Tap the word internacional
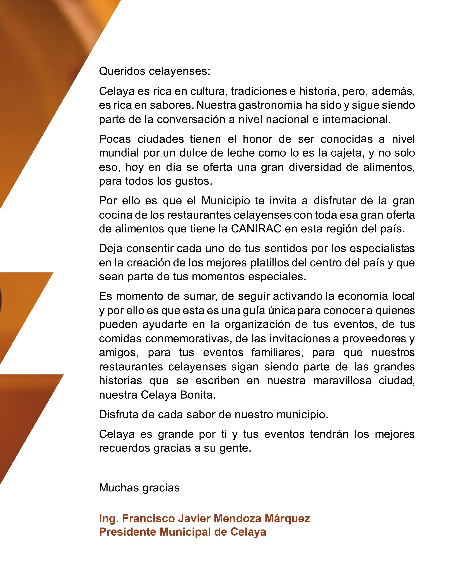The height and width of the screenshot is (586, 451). click(356, 119)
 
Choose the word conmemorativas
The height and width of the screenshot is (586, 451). click(189, 339)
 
